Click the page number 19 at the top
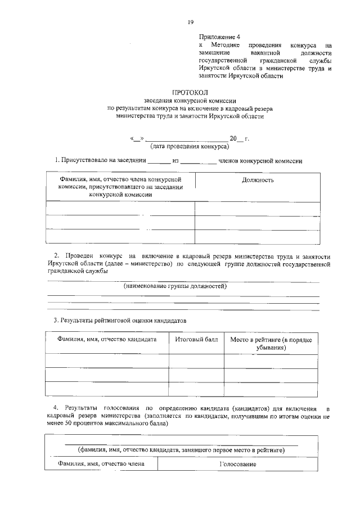coord(190,22)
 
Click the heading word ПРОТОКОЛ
coord(189,92)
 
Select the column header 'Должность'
coord(258,180)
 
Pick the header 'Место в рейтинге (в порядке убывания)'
coord(271,344)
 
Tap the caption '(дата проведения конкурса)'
coord(190,146)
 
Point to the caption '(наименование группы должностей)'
coord(175,286)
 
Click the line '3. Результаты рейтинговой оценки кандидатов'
coord(120,320)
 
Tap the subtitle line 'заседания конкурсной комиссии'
coord(189,100)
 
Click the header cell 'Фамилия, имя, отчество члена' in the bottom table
coord(102,464)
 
